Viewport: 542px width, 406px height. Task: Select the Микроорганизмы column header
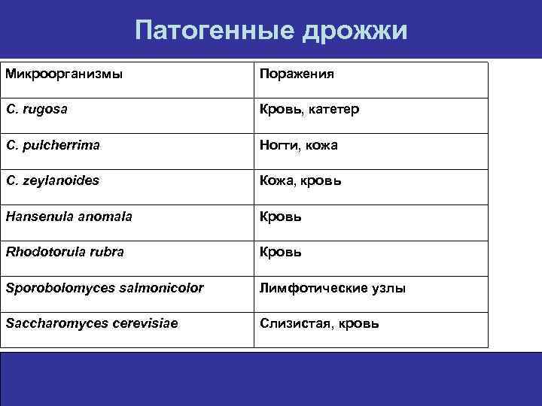pyautogui.click(x=64, y=74)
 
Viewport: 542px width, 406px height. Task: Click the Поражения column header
pyautogui.click(x=297, y=74)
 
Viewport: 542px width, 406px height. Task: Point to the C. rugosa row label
pyautogui.click(x=37, y=110)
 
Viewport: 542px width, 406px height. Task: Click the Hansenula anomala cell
pyautogui.click(x=69, y=217)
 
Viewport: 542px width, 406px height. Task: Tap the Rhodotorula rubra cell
pyautogui.click(x=65, y=252)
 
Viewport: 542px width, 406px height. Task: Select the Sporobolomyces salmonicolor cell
pyautogui.click(x=104, y=288)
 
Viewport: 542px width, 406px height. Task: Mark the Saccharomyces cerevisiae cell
pyautogui.click(x=94, y=323)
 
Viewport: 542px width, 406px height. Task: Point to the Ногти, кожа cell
pyautogui.click(x=299, y=145)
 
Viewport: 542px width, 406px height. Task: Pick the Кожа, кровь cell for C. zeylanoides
pyautogui.click(x=300, y=181)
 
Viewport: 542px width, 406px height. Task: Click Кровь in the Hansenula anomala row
pyautogui.click(x=281, y=217)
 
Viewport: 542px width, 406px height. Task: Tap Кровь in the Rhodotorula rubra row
pyautogui.click(x=281, y=252)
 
